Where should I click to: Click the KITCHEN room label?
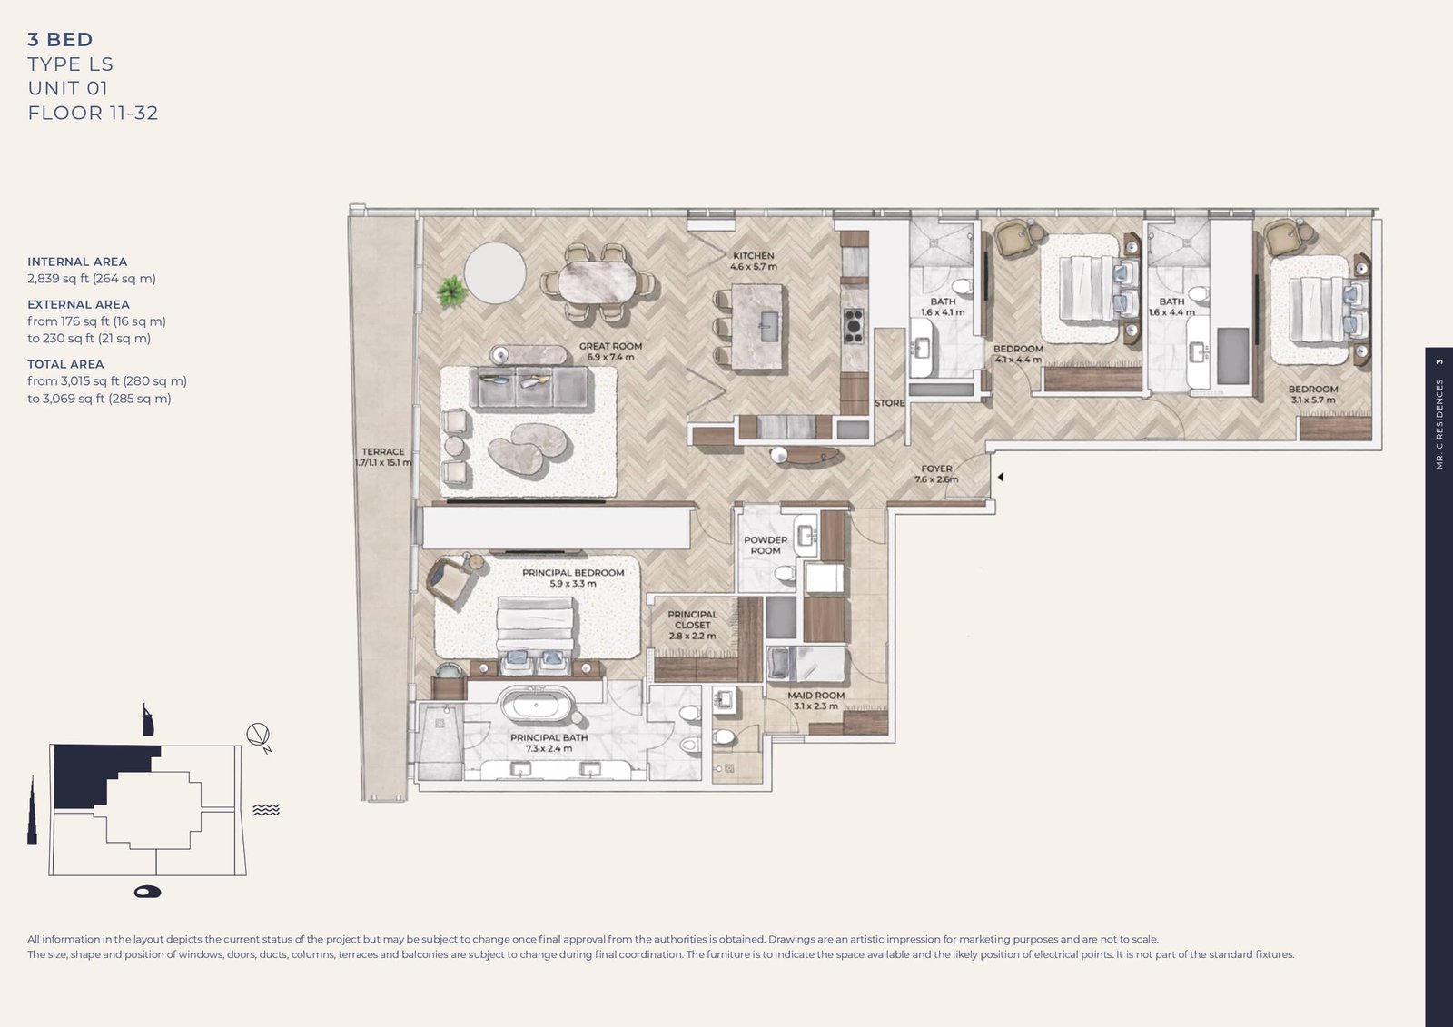coord(754,256)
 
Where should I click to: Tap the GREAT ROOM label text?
coord(610,346)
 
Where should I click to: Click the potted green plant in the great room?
coord(451,291)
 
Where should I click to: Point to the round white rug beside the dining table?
coord(495,272)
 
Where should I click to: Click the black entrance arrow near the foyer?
coord(1000,477)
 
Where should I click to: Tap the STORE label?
coord(889,403)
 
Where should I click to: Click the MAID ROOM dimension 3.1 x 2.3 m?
coord(815,706)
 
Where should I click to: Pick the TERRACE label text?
coord(383,451)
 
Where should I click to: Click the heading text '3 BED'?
coord(60,39)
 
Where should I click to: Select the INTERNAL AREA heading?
coord(77,262)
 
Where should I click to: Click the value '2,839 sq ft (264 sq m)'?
coord(92,279)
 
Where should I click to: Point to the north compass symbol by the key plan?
coord(259,736)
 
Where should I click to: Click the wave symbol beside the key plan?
coord(266,810)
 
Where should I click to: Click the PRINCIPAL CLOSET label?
coord(692,620)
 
